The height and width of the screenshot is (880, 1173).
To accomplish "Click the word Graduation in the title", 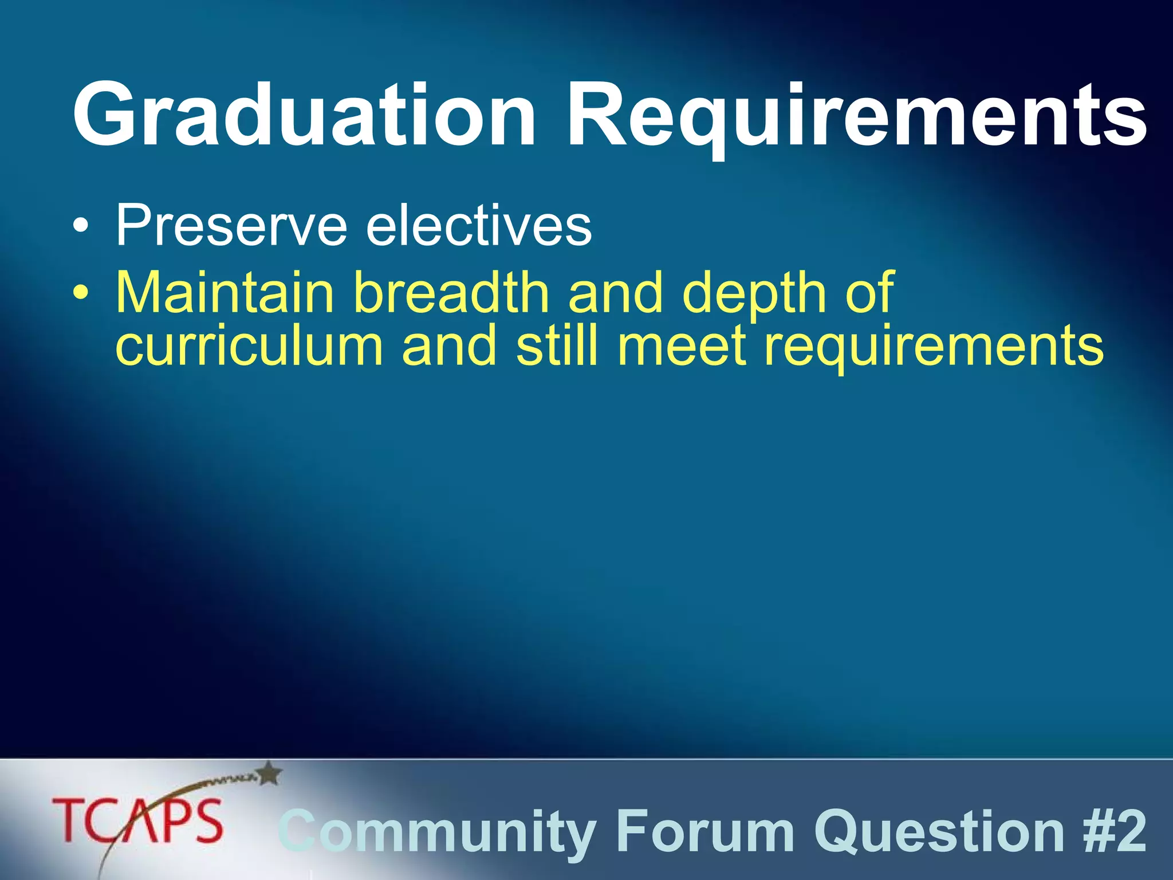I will click(304, 115).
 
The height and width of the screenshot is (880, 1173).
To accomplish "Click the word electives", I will click(478, 226).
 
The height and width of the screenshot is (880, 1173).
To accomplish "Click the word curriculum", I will click(249, 347).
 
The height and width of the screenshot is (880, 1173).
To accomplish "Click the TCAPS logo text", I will click(137, 822).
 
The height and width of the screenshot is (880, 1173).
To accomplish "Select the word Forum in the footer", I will click(705, 831).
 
